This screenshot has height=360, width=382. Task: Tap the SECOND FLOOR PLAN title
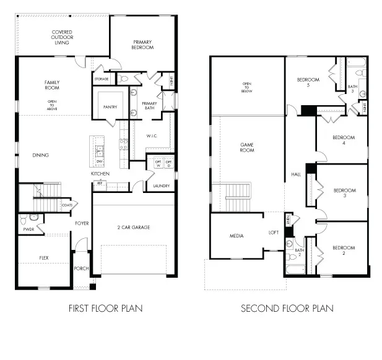(x=287, y=308)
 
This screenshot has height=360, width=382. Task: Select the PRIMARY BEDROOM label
(x=142, y=45)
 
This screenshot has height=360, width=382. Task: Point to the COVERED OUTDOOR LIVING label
(x=63, y=37)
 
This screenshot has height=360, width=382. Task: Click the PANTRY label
(x=110, y=107)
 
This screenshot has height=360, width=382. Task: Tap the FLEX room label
(x=44, y=257)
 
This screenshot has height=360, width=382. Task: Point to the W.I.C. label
(x=154, y=135)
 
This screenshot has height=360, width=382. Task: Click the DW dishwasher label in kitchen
(x=99, y=161)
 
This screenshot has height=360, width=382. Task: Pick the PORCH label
(x=82, y=268)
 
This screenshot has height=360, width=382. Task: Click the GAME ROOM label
(x=247, y=147)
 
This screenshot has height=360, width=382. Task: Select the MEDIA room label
(x=236, y=236)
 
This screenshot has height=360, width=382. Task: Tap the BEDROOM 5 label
(x=308, y=82)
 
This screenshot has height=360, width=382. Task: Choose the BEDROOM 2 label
(x=343, y=250)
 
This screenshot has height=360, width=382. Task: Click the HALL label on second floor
(x=295, y=174)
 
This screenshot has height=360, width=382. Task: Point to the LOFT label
(x=273, y=233)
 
